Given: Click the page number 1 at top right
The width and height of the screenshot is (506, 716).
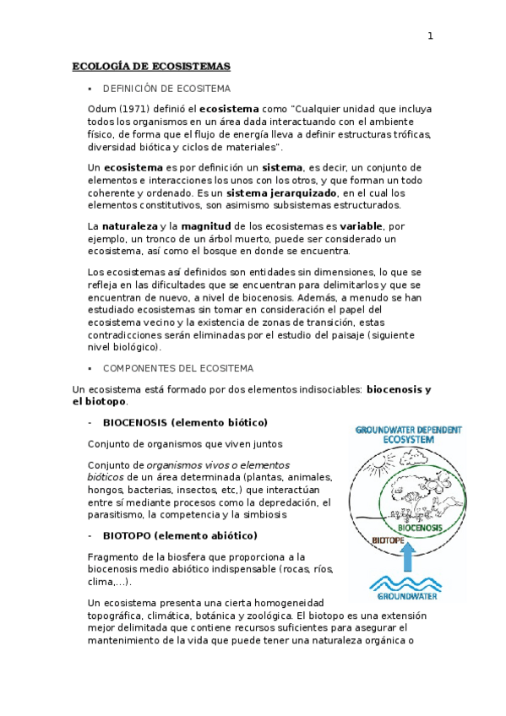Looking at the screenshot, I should [x=430, y=35].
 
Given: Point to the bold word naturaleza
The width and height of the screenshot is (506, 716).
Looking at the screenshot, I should [x=130, y=226].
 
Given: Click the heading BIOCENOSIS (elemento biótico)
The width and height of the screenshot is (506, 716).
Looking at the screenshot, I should [x=185, y=421].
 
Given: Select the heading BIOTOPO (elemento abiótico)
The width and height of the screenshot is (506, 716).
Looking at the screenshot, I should [x=180, y=535].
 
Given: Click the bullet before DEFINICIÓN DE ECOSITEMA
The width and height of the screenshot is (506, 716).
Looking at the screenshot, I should [x=90, y=88].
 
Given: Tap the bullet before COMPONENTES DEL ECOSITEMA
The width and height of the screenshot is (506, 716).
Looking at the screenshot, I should [x=90, y=368].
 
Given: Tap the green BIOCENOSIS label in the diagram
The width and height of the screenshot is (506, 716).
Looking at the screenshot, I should [x=421, y=528].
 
